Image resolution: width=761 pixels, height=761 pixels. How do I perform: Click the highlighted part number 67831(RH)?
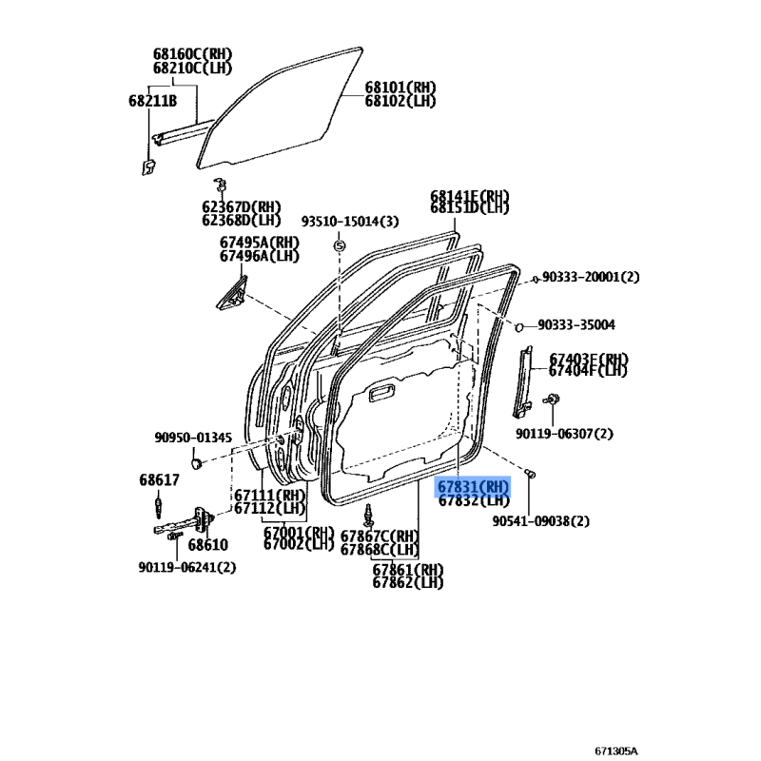click(x=473, y=486)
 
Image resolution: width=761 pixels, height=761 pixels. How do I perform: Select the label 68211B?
click(x=152, y=101)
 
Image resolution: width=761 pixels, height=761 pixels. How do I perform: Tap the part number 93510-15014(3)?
click(x=350, y=222)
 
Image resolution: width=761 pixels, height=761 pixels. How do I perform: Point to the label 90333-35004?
click(x=576, y=324)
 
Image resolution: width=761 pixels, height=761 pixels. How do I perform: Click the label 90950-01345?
click(x=193, y=438)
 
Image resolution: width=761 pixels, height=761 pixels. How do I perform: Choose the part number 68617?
click(x=159, y=480)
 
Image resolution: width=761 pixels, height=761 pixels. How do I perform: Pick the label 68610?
click(x=207, y=544)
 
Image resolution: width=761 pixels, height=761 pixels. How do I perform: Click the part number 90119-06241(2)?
click(x=186, y=567)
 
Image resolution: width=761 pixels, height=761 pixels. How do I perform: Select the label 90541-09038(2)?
click(x=540, y=521)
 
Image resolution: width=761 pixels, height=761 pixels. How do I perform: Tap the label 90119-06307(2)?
click(x=564, y=434)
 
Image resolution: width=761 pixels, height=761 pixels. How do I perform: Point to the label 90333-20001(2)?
click(x=591, y=277)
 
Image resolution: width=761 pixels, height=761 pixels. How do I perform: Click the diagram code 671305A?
click(x=615, y=751)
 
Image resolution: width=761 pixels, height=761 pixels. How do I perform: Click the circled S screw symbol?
click(x=340, y=246)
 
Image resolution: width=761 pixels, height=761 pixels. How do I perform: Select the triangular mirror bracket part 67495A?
click(x=232, y=293)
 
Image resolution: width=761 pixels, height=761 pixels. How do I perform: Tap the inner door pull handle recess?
click(x=384, y=394)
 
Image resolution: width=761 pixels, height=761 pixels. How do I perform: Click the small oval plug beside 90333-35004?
click(x=518, y=327)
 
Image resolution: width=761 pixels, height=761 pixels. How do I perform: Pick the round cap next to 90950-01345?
click(x=196, y=462)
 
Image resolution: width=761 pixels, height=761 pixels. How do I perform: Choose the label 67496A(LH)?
click(x=259, y=256)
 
